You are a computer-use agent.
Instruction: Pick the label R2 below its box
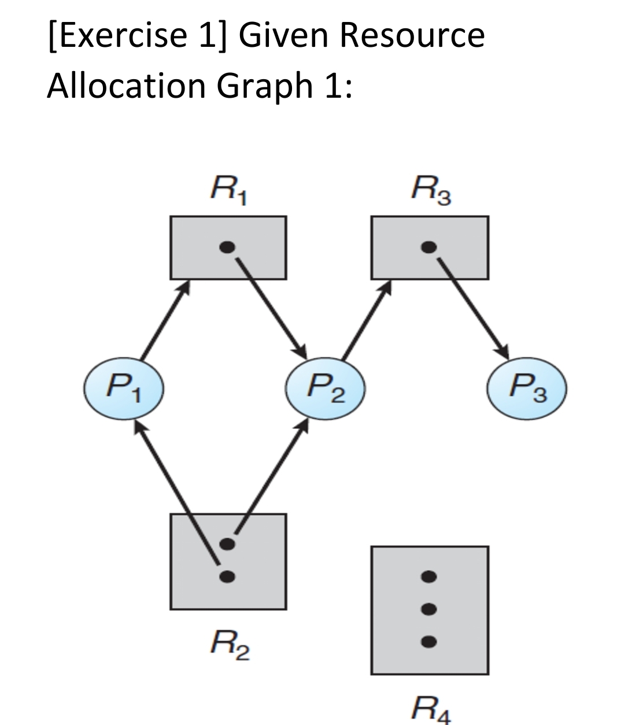tap(228, 645)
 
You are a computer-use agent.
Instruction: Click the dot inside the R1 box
tap(228, 247)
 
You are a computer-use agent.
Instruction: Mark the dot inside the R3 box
tap(428, 247)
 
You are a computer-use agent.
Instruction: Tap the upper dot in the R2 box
tap(228, 543)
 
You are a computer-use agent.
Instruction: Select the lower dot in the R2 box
tap(228, 575)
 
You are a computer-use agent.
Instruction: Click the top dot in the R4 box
tap(428, 576)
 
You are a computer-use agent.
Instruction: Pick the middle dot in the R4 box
tap(428, 608)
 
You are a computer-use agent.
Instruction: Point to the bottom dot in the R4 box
tap(428, 641)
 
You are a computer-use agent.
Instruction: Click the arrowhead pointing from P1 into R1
tap(186, 284)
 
